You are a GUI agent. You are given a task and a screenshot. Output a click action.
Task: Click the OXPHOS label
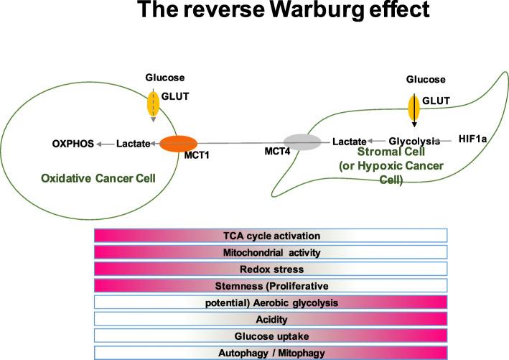pos(74,143)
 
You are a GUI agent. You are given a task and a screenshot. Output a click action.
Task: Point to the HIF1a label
pos(472,140)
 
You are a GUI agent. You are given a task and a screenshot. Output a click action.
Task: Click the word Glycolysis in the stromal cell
pos(414,141)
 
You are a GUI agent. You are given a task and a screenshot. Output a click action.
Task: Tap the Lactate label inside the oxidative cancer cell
pos(133,143)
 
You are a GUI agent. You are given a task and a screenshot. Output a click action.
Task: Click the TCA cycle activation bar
pos(271,236)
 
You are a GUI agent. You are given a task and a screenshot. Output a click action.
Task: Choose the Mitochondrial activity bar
pos(271,252)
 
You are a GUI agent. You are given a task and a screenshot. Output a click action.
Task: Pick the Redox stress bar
pos(271,269)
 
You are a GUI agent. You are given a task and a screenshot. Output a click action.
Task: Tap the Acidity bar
pos(271,318)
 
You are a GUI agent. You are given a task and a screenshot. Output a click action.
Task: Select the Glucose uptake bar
pos(271,336)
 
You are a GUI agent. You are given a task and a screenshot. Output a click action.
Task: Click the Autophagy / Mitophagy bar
pos(271,352)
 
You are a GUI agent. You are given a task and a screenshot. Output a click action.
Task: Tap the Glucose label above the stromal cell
pos(426,79)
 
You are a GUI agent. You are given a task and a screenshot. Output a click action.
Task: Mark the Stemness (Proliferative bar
pos(271,285)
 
